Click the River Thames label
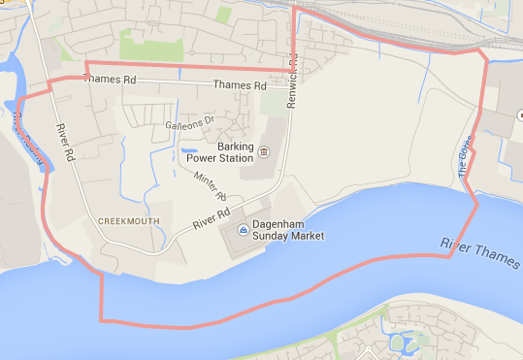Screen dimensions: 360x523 [479, 252]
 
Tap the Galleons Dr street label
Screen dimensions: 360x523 [190, 124]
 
